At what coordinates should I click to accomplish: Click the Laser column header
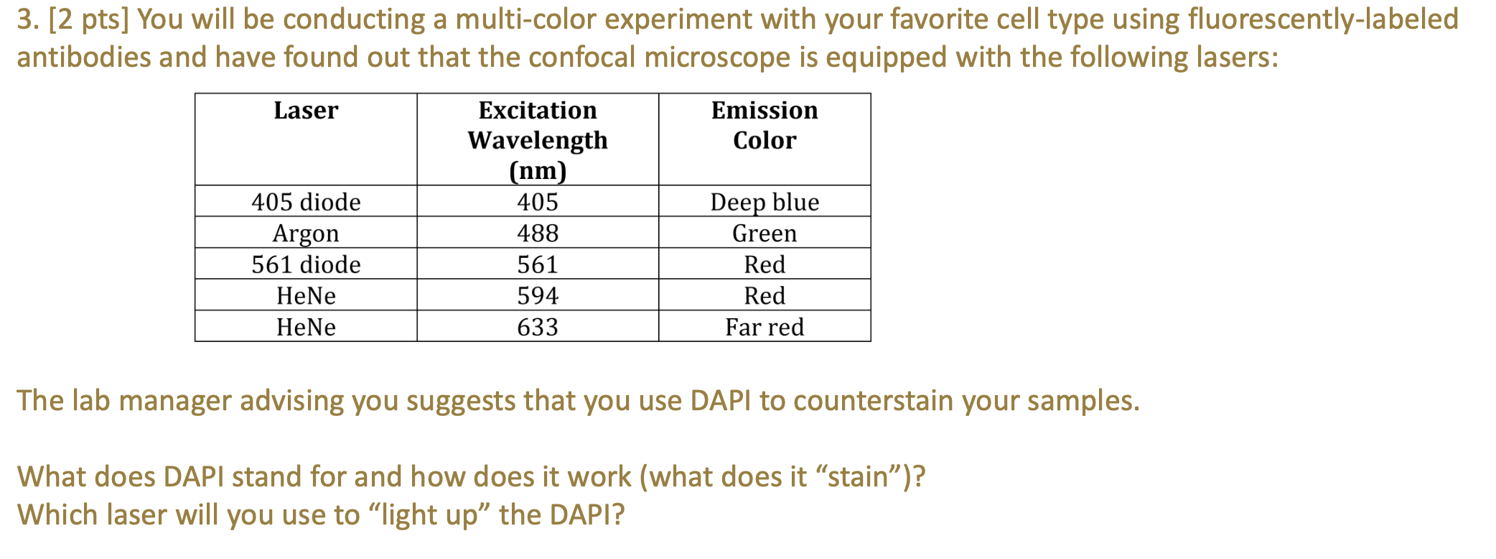[306, 111]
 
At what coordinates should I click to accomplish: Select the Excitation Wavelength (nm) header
[538, 140]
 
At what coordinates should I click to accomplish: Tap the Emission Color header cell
[765, 125]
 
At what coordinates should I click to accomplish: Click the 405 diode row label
[306, 202]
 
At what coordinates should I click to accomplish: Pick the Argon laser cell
[306, 234]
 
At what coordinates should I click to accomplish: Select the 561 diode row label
[306, 264]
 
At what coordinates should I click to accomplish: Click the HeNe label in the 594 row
[306, 296]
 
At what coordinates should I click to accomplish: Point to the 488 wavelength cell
[538, 234]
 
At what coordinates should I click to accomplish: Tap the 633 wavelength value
[538, 328]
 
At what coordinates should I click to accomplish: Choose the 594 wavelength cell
[538, 296]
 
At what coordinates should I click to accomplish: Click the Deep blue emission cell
[765, 202]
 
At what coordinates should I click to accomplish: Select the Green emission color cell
[765, 234]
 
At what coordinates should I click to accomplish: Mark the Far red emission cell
[765, 328]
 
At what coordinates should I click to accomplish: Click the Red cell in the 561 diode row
[765, 264]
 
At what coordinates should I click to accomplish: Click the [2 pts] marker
[89, 19]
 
